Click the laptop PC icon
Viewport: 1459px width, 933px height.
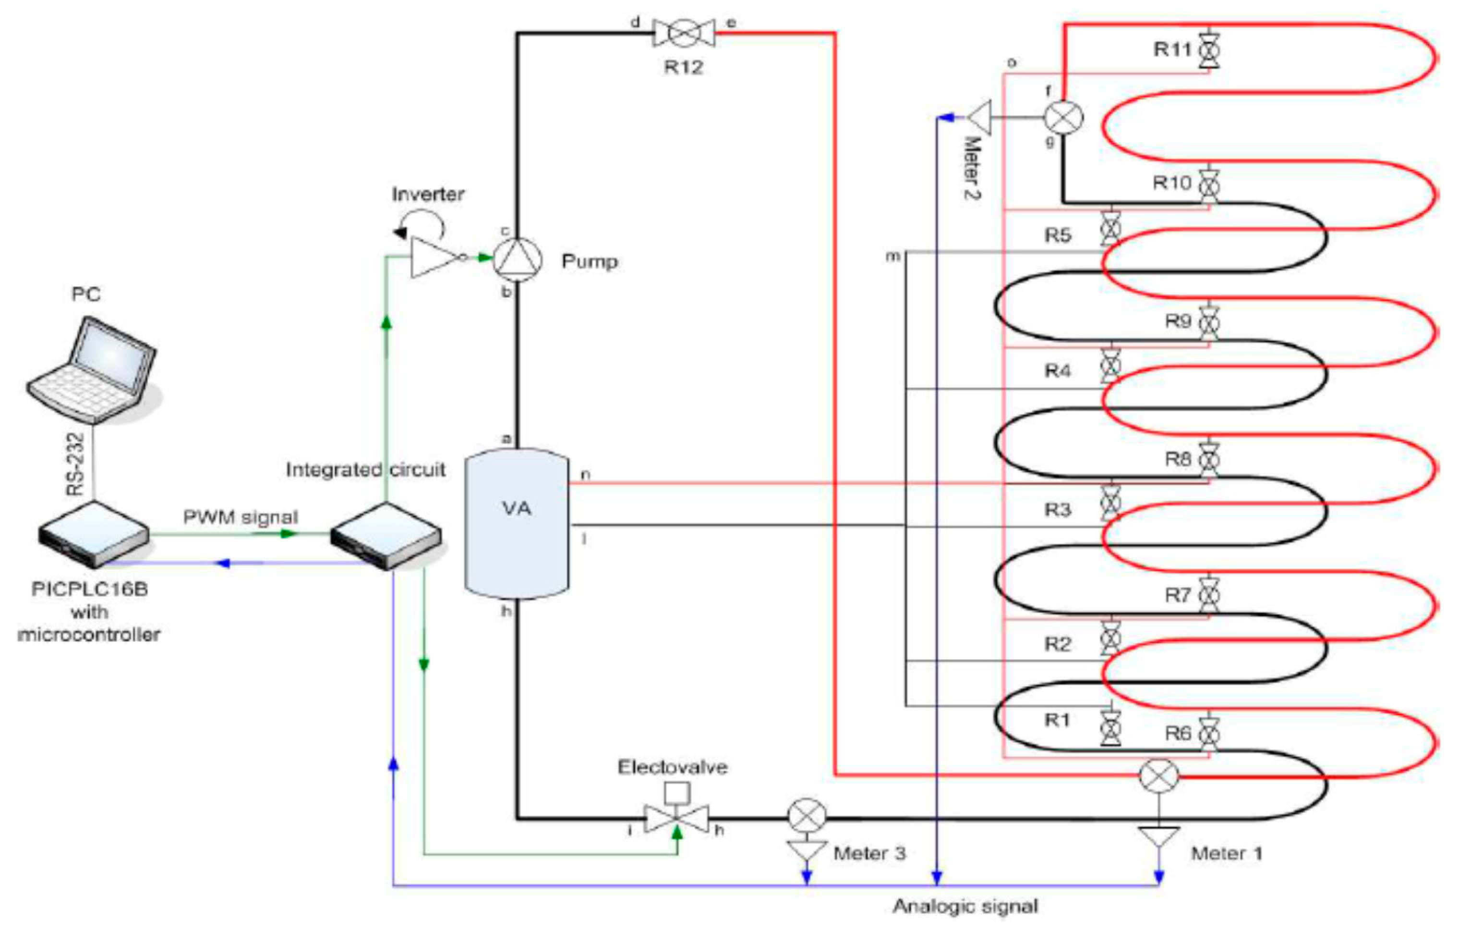[x=92, y=370]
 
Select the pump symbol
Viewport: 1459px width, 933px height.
[x=517, y=259]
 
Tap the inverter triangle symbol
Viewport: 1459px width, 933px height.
[x=435, y=258]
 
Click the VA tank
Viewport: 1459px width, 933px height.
[x=516, y=524]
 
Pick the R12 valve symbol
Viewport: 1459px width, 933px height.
[x=684, y=33]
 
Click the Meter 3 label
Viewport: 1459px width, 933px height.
[x=869, y=854]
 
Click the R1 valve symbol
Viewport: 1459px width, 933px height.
[x=1110, y=727]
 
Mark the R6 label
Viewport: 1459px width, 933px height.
[x=1178, y=734]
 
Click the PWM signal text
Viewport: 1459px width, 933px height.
[x=241, y=517]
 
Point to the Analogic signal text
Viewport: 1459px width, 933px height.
[x=965, y=906]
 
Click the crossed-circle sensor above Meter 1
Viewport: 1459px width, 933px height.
[x=1158, y=776]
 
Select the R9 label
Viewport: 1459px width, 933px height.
[x=1178, y=321]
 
